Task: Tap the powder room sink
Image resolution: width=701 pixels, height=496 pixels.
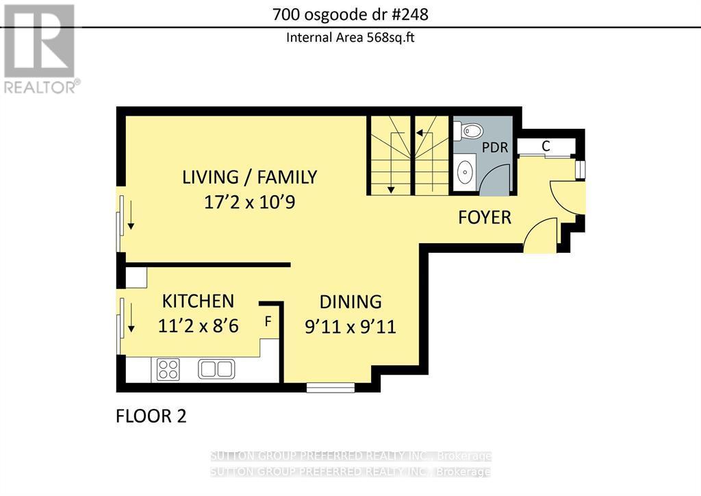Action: [466, 172]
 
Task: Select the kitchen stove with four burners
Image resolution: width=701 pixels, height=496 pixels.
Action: [168, 370]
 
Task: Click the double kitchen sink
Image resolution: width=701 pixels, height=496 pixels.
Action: [216, 369]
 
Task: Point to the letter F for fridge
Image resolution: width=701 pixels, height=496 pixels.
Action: [268, 321]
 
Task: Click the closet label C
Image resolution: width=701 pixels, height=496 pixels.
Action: [546, 146]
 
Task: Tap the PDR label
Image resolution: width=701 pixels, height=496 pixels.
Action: [495, 147]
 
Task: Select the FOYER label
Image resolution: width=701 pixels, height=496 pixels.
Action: [485, 217]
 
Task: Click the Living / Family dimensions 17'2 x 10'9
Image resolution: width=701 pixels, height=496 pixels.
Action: [249, 202]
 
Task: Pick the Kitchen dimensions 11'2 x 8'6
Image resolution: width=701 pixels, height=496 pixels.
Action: [198, 326]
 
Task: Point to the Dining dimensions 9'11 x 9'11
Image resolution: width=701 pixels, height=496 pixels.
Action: [350, 327]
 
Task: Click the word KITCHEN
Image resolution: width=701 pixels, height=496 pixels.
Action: [198, 301]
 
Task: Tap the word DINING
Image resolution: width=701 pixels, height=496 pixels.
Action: [350, 302]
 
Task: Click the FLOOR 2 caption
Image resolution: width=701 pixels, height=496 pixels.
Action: [151, 416]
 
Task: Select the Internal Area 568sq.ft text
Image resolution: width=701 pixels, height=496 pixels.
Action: [350, 37]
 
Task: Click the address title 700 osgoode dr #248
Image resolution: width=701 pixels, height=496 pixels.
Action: [350, 15]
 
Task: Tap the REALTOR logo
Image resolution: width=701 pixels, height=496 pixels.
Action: [40, 49]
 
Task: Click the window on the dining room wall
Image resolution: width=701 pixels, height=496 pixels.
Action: [331, 387]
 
